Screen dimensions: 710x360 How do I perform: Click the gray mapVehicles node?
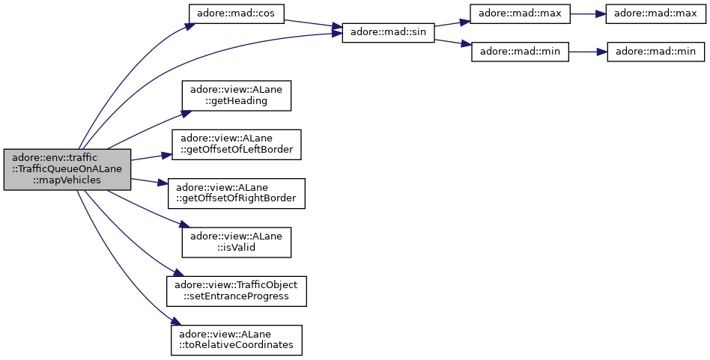(x=67, y=170)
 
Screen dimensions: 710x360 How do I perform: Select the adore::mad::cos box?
(x=236, y=14)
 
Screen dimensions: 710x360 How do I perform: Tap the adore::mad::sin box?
(x=388, y=33)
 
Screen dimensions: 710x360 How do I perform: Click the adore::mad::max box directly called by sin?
(x=520, y=14)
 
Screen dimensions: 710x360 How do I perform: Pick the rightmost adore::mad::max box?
(x=655, y=14)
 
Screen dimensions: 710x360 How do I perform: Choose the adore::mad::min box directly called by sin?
(x=520, y=52)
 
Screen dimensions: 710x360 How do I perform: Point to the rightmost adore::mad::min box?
(x=655, y=52)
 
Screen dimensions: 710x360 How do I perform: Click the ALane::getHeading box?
(x=236, y=96)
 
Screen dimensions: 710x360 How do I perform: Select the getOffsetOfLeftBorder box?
(x=236, y=144)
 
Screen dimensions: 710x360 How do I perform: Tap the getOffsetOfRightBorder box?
(x=236, y=193)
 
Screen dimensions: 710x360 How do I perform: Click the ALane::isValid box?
(x=236, y=242)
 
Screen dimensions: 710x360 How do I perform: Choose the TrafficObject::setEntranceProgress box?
(x=236, y=291)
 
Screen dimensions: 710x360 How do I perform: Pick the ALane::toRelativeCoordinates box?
(x=236, y=340)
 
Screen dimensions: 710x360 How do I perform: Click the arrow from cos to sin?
(x=313, y=23)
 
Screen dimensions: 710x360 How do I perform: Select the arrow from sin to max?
(x=452, y=23)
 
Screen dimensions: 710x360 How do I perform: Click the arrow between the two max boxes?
(x=588, y=14)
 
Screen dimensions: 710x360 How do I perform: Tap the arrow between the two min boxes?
(x=588, y=52)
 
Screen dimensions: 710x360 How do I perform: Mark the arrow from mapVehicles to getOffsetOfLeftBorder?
(x=151, y=157)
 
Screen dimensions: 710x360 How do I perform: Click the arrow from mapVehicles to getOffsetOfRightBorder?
(x=150, y=181)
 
